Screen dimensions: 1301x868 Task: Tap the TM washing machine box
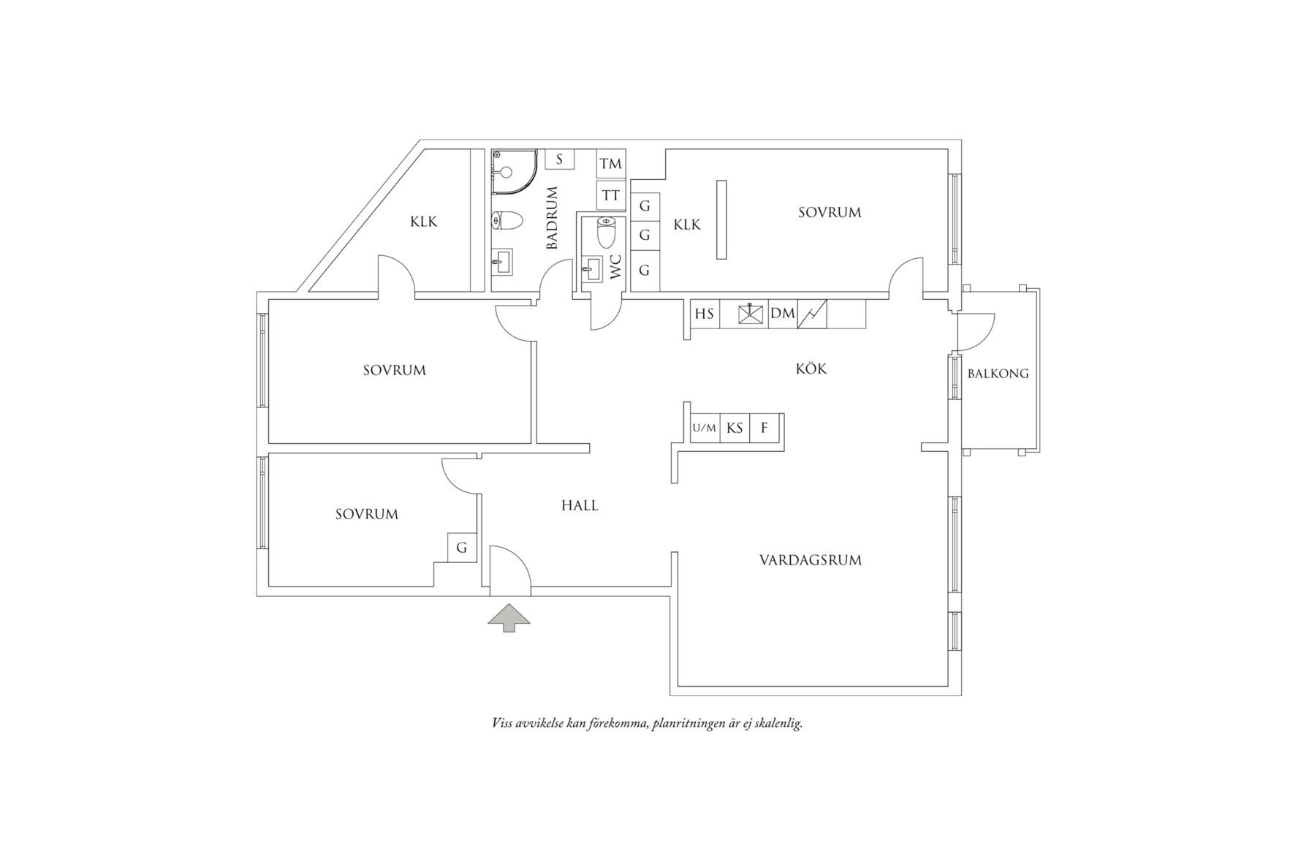(x=611, y=164)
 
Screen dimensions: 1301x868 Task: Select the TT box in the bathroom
(x=611, y=195)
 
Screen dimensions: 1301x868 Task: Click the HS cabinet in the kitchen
(x=705, y=314)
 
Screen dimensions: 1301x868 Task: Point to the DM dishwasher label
(x=783, y=314)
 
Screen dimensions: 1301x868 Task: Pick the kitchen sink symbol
(x=751, y=314)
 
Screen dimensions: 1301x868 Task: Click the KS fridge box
(x=735, y=428)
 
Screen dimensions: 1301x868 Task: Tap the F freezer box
(x=765, y=428)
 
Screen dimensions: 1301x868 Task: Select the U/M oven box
(x=705, y=428)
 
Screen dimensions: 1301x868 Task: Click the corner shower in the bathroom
(x=514, y=172)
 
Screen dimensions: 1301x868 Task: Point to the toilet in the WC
(x=607, y=232)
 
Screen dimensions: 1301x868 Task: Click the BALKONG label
(x=998, y=374)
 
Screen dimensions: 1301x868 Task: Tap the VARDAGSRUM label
(x=811, y=561)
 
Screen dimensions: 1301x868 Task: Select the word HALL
(x=580, y=505)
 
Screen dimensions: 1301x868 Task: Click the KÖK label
(x=811, y=368)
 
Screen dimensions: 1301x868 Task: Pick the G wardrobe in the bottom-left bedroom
(x=462, y=548)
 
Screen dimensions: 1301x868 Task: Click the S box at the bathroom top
(x=559, y=159)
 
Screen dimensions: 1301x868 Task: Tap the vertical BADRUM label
(x=553, y=218)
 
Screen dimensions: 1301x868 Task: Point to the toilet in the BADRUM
(x=507, y=220)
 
